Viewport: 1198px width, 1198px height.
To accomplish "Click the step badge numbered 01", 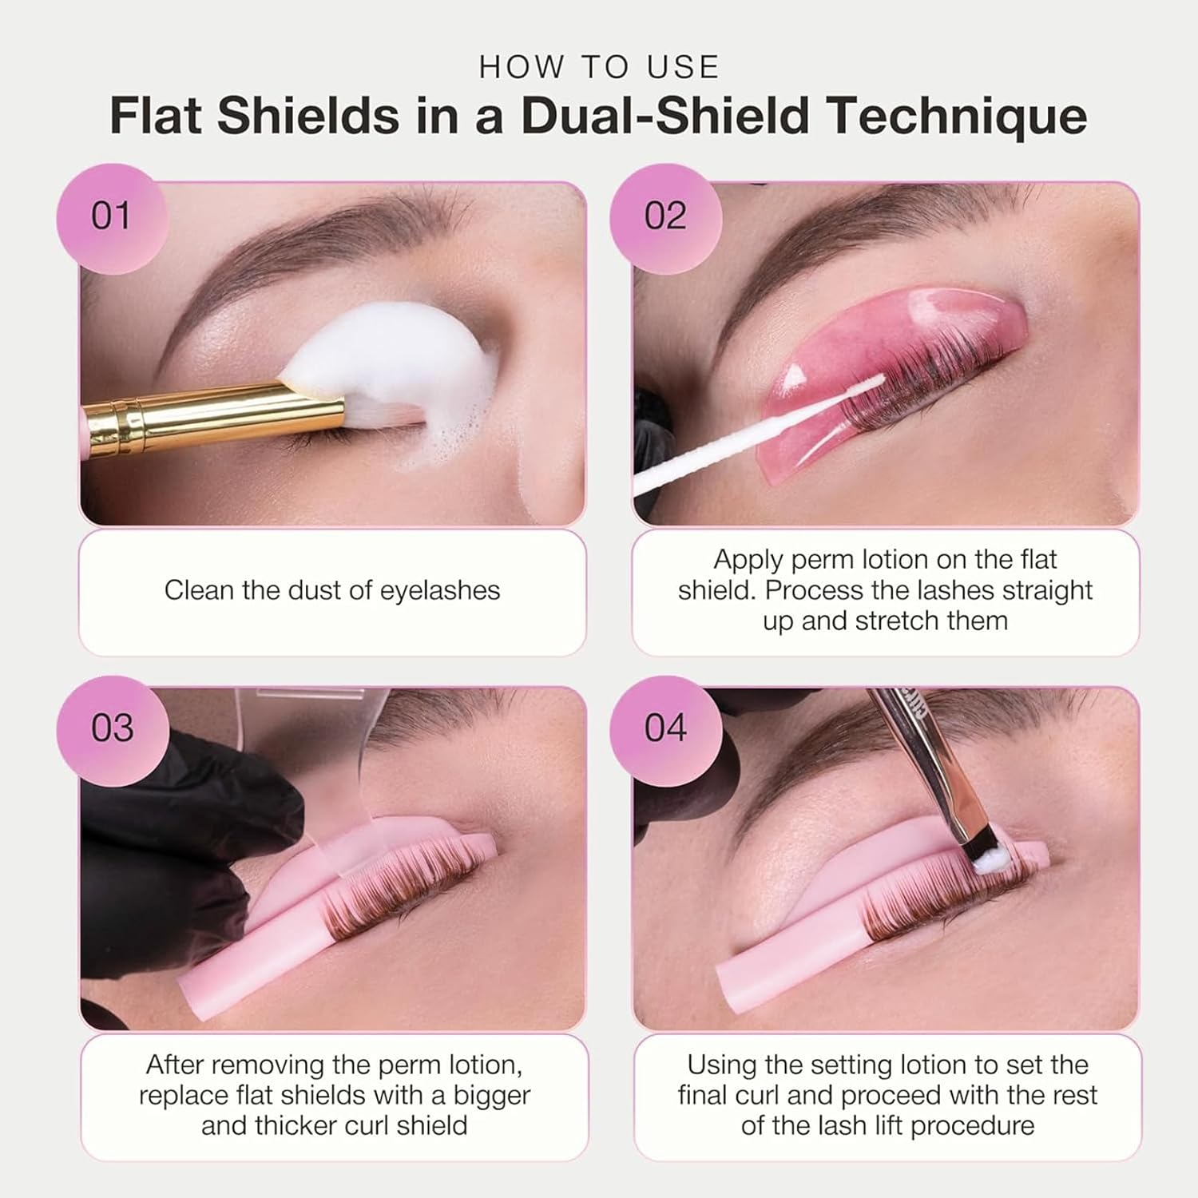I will (x=111, y=217).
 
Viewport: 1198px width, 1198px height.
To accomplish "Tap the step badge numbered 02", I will (x=665, y=217).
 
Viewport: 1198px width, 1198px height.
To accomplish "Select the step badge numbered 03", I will (x=111, y=728).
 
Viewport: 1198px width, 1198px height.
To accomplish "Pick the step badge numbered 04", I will (x=665, y=728).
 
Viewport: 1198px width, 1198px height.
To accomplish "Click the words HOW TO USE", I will (x=599, y=67).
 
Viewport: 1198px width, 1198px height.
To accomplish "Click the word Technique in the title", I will (x=956, y=117).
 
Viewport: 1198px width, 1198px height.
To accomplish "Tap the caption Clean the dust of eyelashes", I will (x=332, y=591).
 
